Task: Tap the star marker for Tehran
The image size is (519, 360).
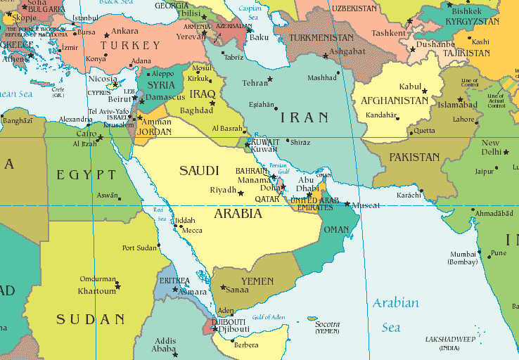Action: pyautogui.click(x=270, y=79)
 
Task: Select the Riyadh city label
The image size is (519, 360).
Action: pyautogui.click(x=224, y=191)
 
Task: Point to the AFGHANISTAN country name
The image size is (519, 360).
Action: pyautogui.click(x=394, y=101)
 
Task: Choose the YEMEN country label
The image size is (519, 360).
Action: pyautogui.click(x=257, y=281)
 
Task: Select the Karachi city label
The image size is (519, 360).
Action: pyautogui.click(x=409, y=194)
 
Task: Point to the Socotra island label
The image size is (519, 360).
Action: pyautogui.click(x=327, y=325)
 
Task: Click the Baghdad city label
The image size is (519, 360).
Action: pyautogui.click(x=197, y=110)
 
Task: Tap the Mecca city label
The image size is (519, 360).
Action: pyautogui.click(x=192, y=230)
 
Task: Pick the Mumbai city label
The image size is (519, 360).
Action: pyautogui.click(x=464, y=254)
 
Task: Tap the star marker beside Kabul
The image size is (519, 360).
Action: pyautogui.click(x=425, y=91)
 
